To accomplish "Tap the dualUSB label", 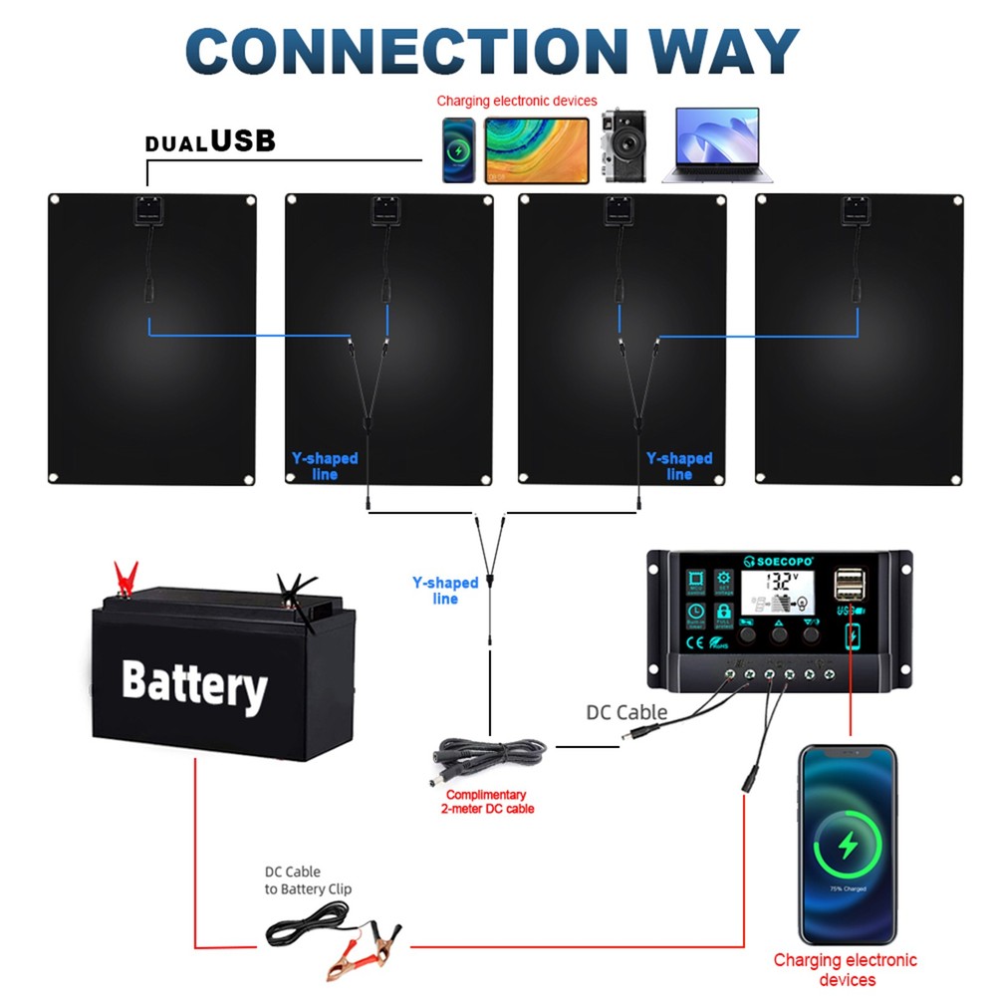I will pos(210,141).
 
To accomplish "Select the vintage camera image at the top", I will pos(623,146).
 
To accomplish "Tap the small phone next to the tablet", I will pos(458,150).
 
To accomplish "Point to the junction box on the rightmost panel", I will pos(857,211).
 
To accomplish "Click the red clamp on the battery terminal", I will pos(125,579).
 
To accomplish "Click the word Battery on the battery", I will pos(194,683).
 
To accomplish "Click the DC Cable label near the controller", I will pos(626,712).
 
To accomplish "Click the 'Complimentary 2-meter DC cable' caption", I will pos(486,802).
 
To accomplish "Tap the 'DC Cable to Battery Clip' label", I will pos(308,880).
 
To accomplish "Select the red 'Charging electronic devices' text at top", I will pos(517,101).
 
